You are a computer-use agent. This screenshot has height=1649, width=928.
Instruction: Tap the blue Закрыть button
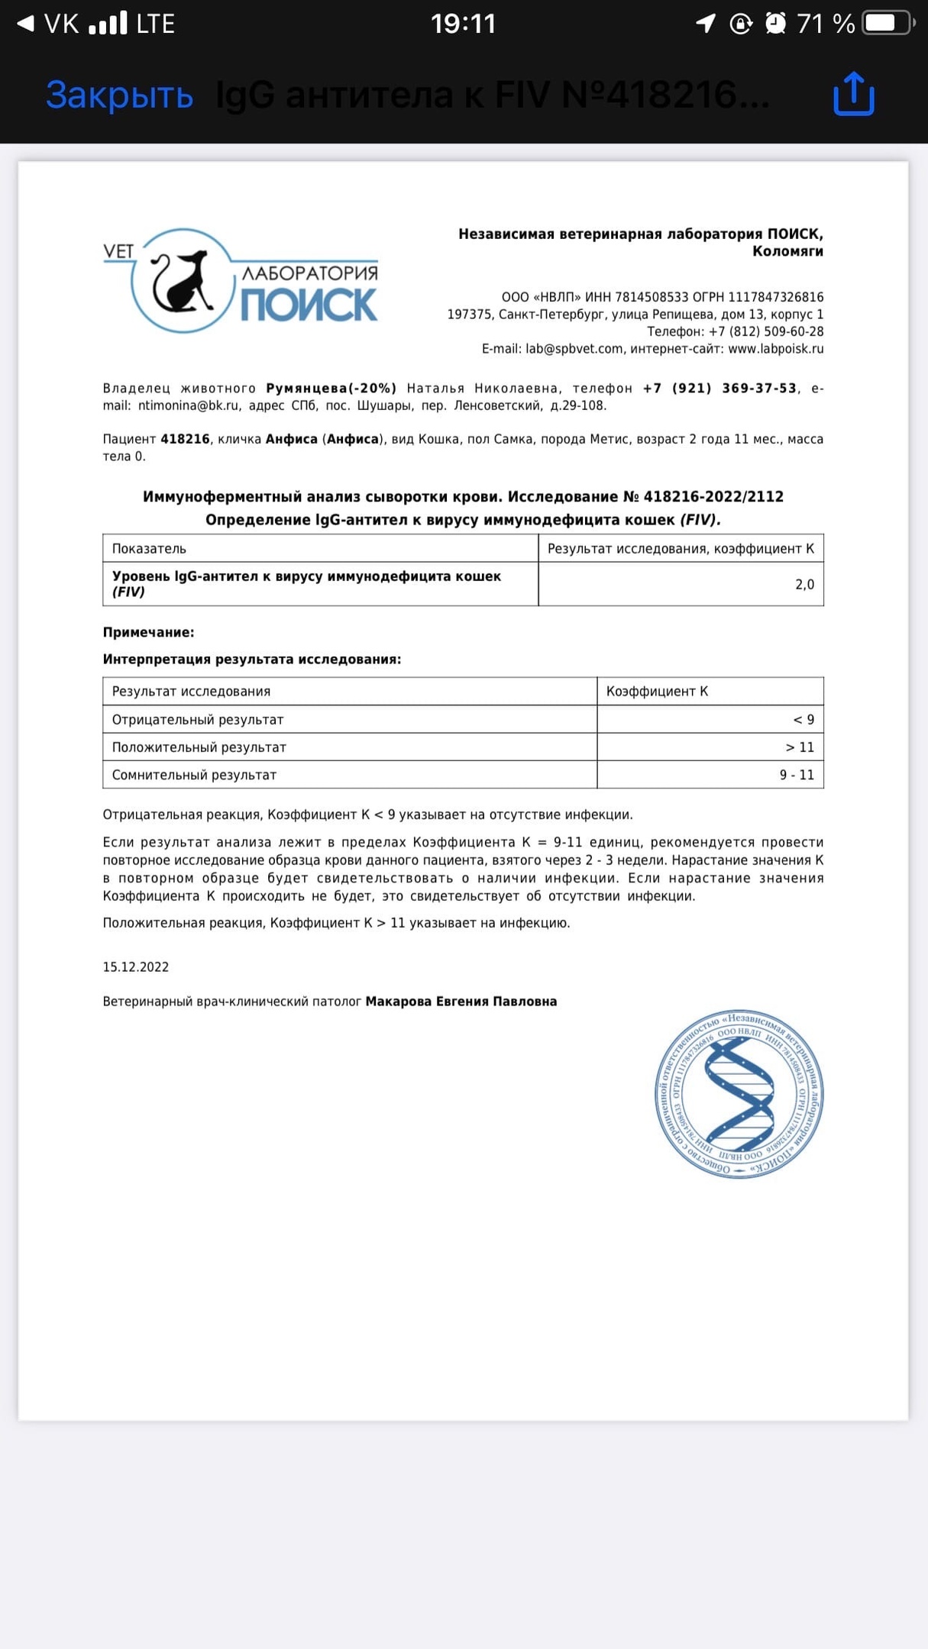point(119,95)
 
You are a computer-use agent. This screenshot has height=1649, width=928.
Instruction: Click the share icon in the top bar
point(853,94)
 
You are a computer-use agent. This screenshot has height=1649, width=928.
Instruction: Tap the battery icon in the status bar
point(887,24)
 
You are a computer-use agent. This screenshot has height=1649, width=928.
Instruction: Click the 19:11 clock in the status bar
point(463,24)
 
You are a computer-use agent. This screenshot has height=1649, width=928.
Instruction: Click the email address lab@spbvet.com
point(574,349)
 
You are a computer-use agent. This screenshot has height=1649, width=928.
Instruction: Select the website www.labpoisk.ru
point(775,349)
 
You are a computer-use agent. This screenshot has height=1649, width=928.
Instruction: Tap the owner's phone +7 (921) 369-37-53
point(719,389)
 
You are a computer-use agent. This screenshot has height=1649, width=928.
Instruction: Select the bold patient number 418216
point(185,439)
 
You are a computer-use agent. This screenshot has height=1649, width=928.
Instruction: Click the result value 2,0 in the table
point(804,585)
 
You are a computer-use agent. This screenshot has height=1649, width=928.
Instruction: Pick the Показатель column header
point(149,549)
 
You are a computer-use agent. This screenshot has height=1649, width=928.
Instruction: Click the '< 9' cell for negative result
point(804,719)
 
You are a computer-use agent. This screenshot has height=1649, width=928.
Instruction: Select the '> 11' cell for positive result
point(800,747)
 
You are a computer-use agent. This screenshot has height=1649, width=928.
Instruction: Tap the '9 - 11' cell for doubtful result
point(797,775)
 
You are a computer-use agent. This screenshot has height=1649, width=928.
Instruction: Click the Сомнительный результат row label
point(194,775)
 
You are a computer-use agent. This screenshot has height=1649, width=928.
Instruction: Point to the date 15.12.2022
point(136,967)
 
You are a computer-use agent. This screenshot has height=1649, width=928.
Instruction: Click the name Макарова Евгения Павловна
point(461,1002)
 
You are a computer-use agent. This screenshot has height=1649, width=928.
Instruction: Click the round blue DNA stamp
point(739,1094)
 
